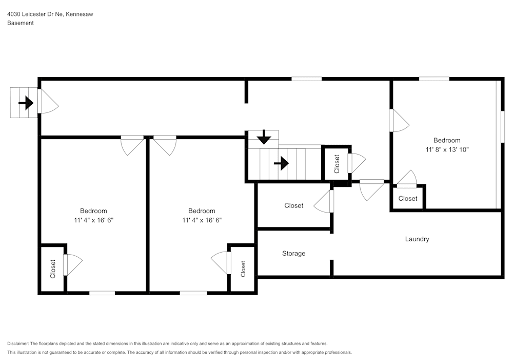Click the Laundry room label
tap(417, 239)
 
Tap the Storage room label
tap(293, 253)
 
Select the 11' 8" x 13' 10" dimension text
tap(446, 149)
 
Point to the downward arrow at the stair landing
tap(264, 137)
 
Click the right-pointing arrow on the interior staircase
tap(281, 164)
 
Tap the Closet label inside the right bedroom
tap(408, 199)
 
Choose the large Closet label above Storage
tap(293, 205)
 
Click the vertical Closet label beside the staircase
tap(337, 164)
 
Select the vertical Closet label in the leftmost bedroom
tap(53, 269)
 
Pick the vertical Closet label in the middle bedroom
tap(243, 269)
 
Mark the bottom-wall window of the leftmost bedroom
tap(102, 293)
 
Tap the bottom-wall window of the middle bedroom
tap(193, 293)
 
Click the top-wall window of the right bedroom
tap(434, 79)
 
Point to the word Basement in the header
tap(21, 23)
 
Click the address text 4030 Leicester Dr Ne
tap(35, 14)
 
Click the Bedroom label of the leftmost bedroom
tap(93, 211)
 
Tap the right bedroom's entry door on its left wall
tap(399, 121)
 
